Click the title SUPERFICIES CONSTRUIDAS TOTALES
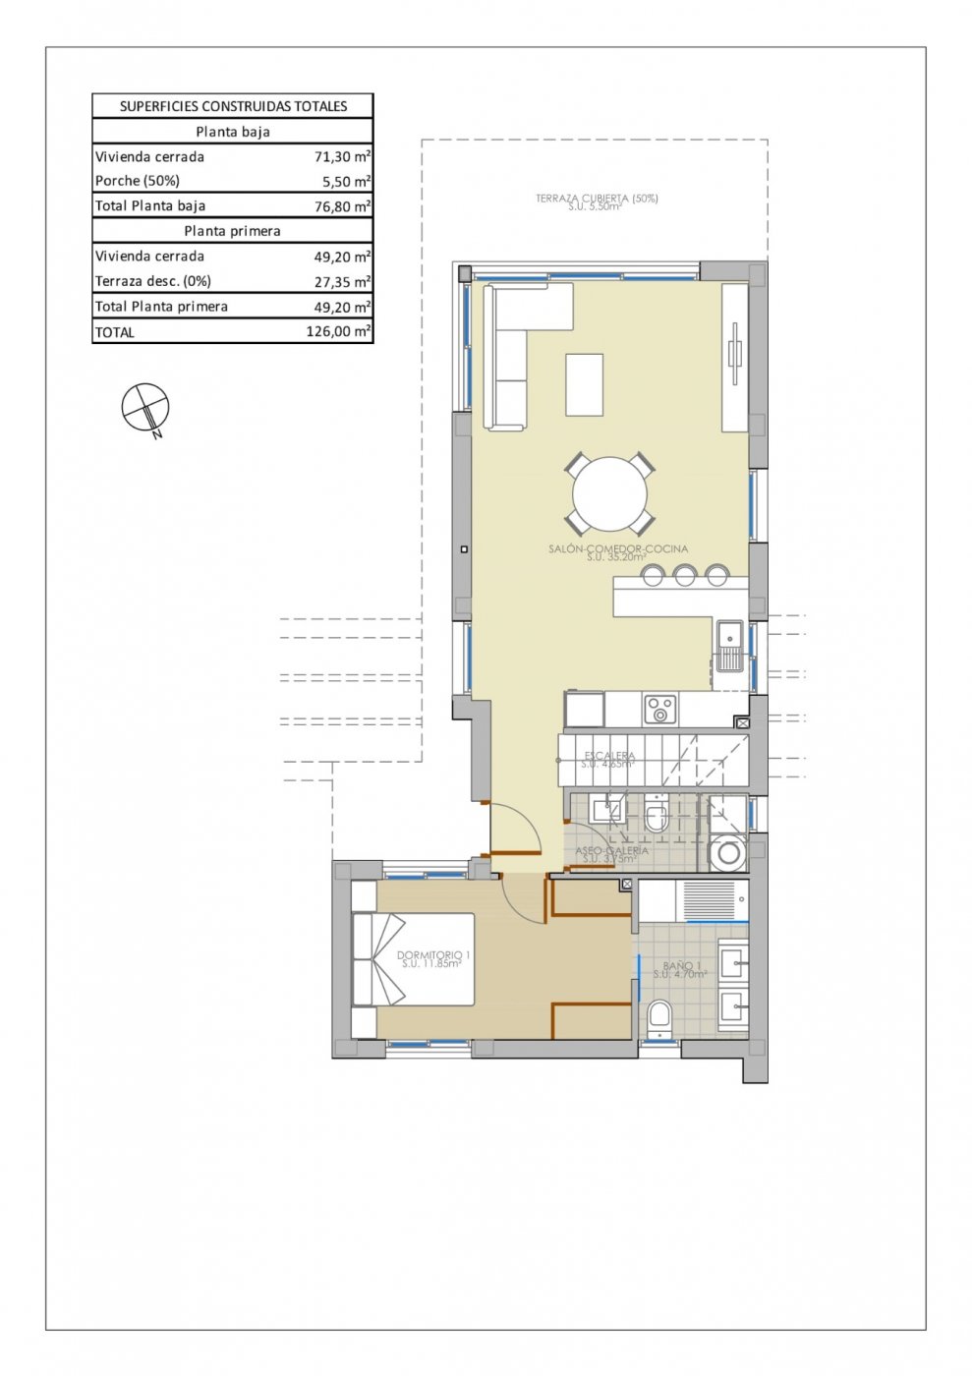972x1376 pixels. (233, 106)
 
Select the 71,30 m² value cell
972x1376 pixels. (342, 156)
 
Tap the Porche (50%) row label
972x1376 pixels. (138, 181)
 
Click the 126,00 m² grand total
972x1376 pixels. (338, 332)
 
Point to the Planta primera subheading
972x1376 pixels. (233, 231)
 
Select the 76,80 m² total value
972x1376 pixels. (342, 206)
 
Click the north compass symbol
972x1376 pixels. (145, 408)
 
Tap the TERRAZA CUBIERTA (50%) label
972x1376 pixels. (597, 199)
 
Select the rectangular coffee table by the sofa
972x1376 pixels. (584, 384)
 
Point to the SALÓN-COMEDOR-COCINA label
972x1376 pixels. (618, 549)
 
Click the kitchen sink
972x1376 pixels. (729, 647)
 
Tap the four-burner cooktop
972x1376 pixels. (660, 709)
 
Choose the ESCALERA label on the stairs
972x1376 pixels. (609, 756)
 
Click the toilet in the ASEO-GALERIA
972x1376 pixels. (657, 816)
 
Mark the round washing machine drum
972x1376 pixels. (728, 853)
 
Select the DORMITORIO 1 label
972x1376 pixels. (433, 955)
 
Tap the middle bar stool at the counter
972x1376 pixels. (685, 574)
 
